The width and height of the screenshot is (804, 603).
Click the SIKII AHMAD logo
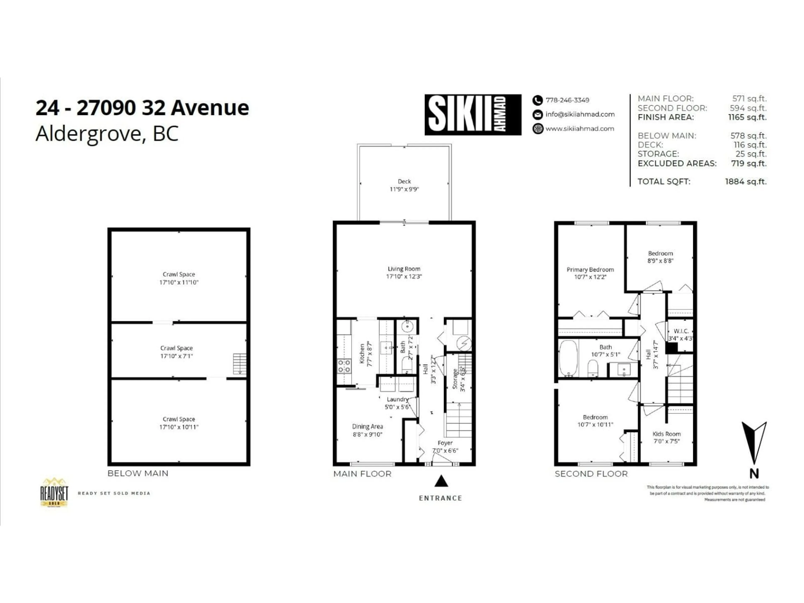[x=473, y=115]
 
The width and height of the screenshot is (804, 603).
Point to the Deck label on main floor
[x=404, y=181]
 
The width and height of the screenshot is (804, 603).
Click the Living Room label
[x=404, y=269]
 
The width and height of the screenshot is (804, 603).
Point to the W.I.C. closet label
[x=681, y=331]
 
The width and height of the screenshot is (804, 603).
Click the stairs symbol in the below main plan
[x=240, y=364]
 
